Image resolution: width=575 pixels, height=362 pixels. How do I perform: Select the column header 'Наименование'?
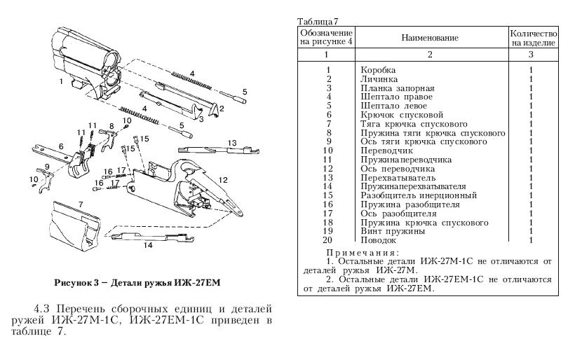point(430,37)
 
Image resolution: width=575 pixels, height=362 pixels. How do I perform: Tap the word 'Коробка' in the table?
point(378,70)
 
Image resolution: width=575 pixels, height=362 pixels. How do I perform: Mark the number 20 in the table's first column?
point(327,240)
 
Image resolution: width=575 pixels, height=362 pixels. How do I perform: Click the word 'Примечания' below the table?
point(363,252)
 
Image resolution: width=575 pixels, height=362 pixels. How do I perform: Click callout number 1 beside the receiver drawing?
point(61,82)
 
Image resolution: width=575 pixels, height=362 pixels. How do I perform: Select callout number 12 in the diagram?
point(223,180)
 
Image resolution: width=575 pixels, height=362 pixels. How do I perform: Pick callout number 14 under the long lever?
point(148,246)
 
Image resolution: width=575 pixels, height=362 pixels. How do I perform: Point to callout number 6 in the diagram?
point(60,146)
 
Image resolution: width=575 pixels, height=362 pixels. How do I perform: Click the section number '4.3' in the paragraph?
point(44,309)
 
